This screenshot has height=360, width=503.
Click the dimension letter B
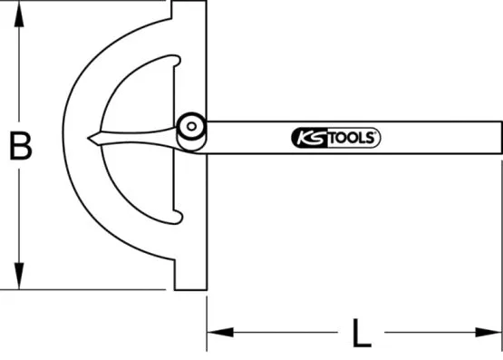(20, 145)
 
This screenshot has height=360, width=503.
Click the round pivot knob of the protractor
(191, 126)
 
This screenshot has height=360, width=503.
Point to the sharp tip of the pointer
(90, 139)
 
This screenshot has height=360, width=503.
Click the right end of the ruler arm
(498, 136)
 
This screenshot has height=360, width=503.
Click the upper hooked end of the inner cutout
(174, 60)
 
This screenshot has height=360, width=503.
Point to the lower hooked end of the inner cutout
(178, 215)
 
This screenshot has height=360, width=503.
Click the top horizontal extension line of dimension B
(91, 2)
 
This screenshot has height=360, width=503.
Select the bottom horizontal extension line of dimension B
(91, 290)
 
